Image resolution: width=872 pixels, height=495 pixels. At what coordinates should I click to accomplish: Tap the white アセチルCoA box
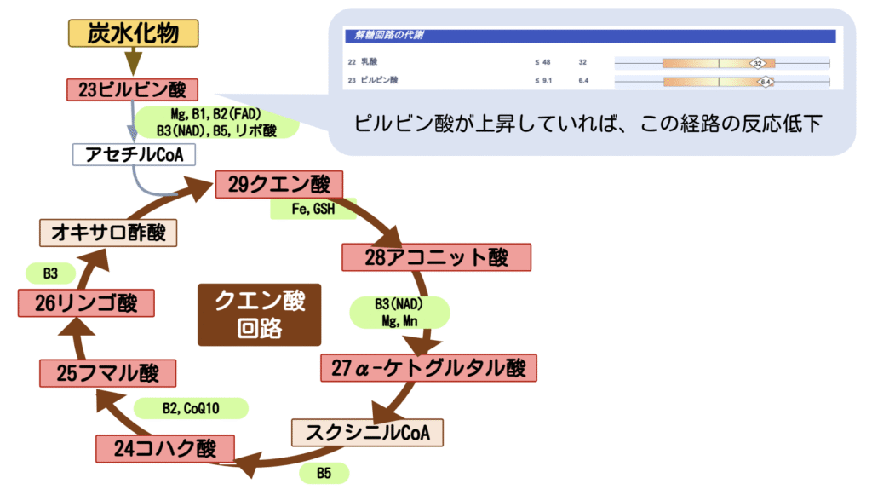click(135, 154)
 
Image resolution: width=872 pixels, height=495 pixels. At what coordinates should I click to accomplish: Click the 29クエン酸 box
click(279, 185)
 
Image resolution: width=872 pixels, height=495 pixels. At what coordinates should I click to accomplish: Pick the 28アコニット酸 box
click(436, 257)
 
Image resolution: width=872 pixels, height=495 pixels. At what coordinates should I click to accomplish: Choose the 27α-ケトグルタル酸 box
click(429, 368)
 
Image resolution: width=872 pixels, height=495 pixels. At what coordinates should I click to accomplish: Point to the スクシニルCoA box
click(368, 433)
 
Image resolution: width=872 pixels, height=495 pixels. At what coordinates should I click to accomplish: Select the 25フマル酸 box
click(107, 373)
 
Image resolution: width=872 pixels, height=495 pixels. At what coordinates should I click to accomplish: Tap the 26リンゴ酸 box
click(89, 302)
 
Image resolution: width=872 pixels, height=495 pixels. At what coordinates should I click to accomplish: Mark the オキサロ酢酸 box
click(108, 233)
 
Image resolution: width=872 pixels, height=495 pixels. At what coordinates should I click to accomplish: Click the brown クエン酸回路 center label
click(260, 314)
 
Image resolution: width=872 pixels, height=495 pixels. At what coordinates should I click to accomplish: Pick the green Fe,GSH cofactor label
click(313, 209)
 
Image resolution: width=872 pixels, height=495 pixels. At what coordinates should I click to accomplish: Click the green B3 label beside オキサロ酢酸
click(50, 273)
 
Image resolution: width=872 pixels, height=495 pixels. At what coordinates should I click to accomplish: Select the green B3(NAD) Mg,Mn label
click(399, 313)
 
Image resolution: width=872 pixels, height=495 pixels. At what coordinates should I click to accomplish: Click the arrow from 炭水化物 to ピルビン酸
click(132, 61)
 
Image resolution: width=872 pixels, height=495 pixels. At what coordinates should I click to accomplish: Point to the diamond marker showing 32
click(756, 62)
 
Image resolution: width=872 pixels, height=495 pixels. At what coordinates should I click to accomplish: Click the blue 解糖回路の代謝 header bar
click(588, 37)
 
